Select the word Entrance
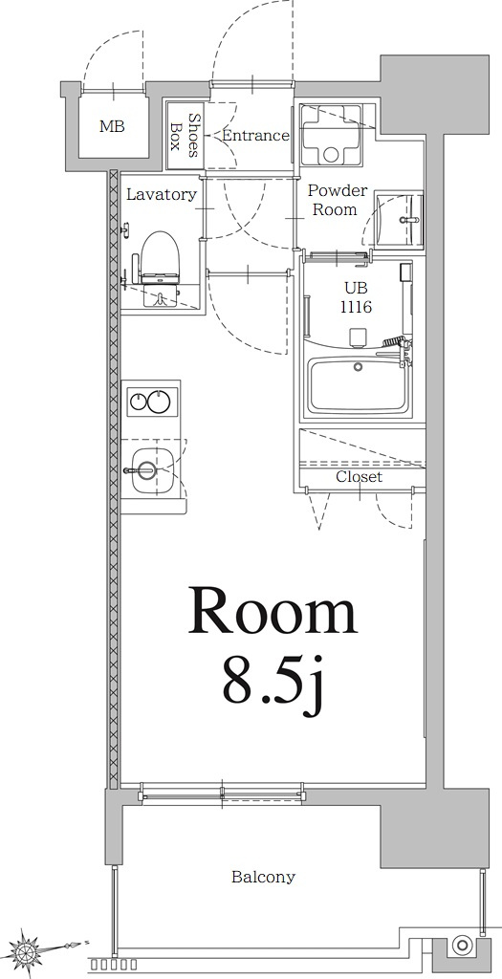coord(255,136)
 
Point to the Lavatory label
coord(162,194)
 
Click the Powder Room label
coord(337,200)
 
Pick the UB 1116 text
coord(353,298)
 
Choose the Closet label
coord(359,476)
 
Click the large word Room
coord(273,613)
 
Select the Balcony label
coord(263,877)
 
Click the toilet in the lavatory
coord(160,263)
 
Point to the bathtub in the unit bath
coord(357,385)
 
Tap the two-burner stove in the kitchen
coord(151,402)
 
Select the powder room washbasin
coord(397,219)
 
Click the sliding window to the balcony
coord(222,792)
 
